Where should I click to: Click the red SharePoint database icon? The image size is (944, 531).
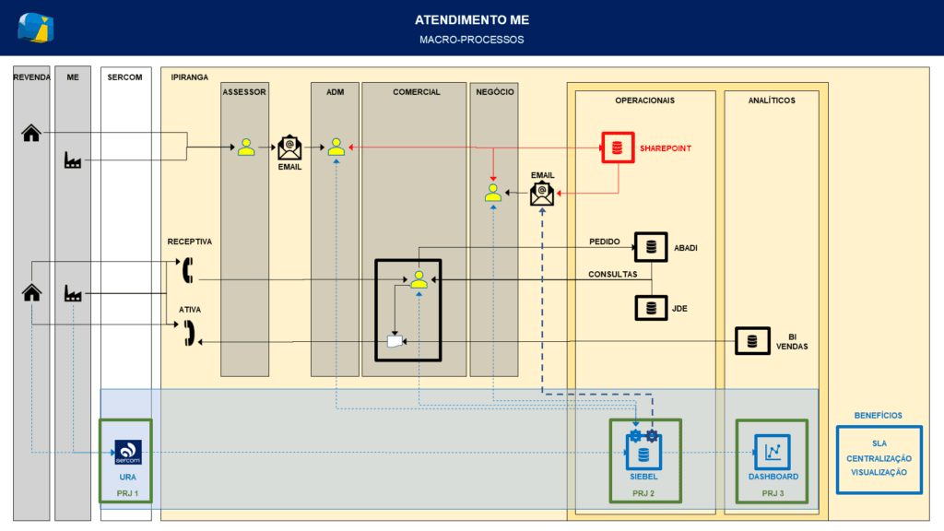pyautogui.click(x=618, y=147)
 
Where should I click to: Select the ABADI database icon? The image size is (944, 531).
pyautogui.click(x=651, y=247)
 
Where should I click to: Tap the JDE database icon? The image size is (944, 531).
pyautogui.click(x=651, y=308)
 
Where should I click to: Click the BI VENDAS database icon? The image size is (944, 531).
pyautogui.click(x=752, y=341)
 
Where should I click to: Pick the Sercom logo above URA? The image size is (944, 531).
pyautogui.click(x=127, y=452)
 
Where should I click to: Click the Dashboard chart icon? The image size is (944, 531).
pyautogui.click(x=773, y=452)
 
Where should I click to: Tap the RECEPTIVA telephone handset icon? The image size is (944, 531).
pyautogui.click(x=188, y=270)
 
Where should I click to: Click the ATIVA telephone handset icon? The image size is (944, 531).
pyautogui.click(x=189, y=333)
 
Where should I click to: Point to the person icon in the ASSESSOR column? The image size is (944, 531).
pyautogui.click(x=245, y=147)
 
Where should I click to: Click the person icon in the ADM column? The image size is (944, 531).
pyautogui.click(x=336, y=147)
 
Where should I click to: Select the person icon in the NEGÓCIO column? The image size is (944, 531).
pyautogui.click(x=493, y=193)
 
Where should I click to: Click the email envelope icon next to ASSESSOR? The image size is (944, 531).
pyautogui.click(x=289, y=147)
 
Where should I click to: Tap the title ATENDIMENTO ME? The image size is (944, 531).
pyautogui.click(x=472, y=20)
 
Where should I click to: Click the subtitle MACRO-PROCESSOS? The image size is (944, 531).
pyautogui.click(x=472, y=40)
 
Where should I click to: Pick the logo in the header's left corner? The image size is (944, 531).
pyautogui.click(x=36, y=28)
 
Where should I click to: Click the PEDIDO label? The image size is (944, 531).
pyautogui.click(x=605, y=242)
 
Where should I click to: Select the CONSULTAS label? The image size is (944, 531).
pyautogui.click(x=612, y=274)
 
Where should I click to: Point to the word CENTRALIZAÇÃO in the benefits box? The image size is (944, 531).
pyautogui.click(x=879, y=458)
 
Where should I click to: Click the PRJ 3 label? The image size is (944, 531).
pyautogui.click(x=773, y=493)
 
